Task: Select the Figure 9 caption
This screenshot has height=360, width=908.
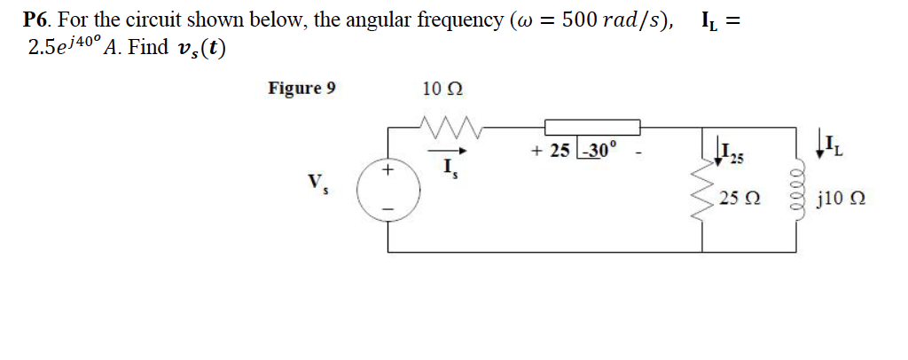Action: click(301, 88)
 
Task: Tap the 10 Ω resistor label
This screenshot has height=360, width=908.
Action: click(442, 89)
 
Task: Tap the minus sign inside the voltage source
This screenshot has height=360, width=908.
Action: click(387, 211)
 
